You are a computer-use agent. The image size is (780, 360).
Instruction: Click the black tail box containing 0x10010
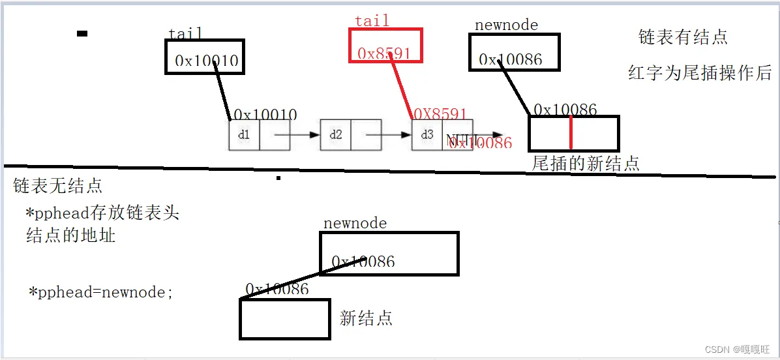(204, 57)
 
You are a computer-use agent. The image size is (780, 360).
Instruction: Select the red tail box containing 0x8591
(386, 45)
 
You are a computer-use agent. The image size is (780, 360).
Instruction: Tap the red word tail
(372, 21)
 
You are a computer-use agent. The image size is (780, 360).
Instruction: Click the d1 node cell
(244, 135)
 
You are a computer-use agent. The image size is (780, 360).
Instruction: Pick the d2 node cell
(335, 135)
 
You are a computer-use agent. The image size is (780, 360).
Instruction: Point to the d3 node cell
(427, 135)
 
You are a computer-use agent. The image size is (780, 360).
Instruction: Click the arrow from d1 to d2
(297, 135)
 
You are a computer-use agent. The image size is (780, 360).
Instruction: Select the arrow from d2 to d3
(389, 135)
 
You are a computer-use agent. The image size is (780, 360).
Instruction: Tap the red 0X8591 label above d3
(440, 114)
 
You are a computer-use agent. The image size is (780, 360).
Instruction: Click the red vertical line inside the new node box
(571, 133)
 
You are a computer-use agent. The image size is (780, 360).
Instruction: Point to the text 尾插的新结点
(586, 163)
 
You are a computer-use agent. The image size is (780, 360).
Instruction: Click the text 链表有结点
(683, 37)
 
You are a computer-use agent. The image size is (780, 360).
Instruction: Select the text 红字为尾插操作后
(700, 72)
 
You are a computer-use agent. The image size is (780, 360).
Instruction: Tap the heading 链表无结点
(58, 186)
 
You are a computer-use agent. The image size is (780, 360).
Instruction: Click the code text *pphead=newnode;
(101, 292)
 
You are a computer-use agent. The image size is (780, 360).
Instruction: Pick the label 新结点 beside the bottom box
(366, 318)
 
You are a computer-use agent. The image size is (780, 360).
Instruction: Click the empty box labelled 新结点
(284, 319)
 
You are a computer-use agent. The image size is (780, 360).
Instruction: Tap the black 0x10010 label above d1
(265, 115)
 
